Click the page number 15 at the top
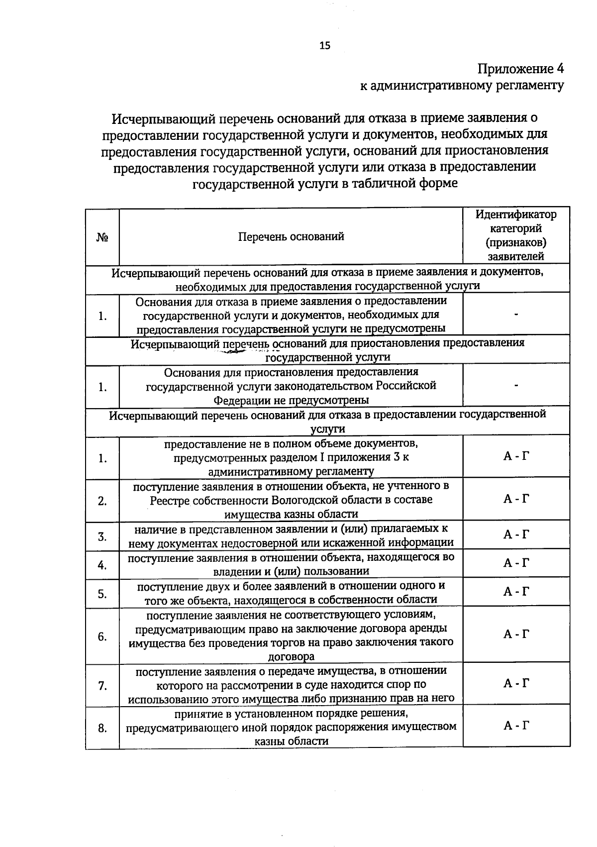point(324,46)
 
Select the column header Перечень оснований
point(291,236)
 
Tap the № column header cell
point(102,237)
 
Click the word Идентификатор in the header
point(516,214)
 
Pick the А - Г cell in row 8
point(516,725)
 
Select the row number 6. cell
point(102,636)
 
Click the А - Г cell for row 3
point(516,534)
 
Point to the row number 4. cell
point(102,565)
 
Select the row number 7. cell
point(102,686)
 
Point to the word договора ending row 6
point(291,656)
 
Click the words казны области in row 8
point(291,741)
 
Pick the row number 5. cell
point(102,594)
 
